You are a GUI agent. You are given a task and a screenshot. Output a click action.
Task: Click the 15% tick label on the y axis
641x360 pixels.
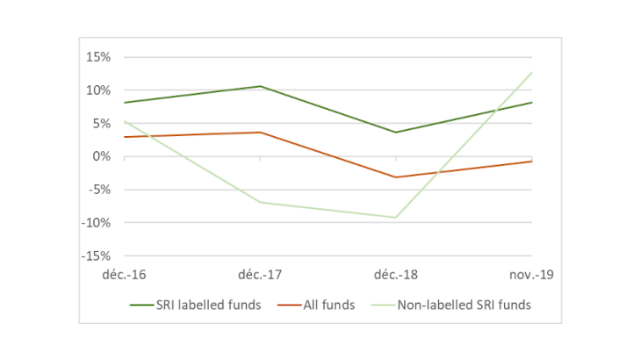coord(97,57)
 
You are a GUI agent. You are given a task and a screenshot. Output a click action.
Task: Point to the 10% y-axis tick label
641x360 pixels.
coord(97,90)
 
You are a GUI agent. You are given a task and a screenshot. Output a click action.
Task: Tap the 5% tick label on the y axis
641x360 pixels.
coord(101,124)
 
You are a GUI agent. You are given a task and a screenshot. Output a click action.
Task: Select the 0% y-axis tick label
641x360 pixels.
coord(101,156)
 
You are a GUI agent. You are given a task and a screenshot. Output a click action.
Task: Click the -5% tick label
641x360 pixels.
coord(99,190)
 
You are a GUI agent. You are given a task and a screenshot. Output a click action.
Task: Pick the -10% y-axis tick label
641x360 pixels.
coord(96,223)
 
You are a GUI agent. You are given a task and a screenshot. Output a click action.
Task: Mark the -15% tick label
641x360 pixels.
coord(96,256)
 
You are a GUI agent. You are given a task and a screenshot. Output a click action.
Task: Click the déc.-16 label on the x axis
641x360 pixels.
coord(125,275)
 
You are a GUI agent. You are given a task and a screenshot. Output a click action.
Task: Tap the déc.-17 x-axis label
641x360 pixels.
coord(260,275)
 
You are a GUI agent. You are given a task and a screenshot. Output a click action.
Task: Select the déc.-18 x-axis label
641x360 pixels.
coord(395,275)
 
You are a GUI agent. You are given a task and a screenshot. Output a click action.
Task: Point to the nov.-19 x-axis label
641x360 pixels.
coord(531,275)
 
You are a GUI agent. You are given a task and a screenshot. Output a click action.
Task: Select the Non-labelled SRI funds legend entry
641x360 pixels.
coord(456,305)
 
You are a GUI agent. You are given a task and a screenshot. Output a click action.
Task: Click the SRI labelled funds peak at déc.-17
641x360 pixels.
coord(260,86)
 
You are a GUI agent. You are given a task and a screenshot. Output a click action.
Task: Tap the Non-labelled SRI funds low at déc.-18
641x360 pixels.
coord(396,218)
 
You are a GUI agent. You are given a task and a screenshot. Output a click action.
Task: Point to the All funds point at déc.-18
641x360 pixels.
coord(396,177)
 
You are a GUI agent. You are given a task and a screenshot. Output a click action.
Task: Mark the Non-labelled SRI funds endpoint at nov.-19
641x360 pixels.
coord(531,72)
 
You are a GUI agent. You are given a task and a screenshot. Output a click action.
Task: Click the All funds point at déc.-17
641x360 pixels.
coord(260,133)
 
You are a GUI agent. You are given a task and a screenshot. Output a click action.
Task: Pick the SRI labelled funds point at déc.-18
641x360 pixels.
coord(396,133)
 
